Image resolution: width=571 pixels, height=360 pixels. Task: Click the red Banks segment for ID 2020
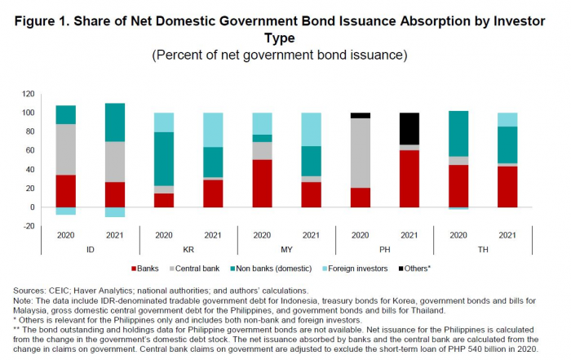click(x=66, y=191)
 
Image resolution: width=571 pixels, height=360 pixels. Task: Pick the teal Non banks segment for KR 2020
click(x=164, y=159)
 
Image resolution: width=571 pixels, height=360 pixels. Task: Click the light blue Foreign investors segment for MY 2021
click(x=311, y=129)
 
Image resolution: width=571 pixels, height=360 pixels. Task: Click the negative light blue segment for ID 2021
click(x=115, y=212)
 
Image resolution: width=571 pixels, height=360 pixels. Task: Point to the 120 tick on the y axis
click(x=31, y=94)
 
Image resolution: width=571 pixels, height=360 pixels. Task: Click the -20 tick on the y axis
click(x=31, y=226)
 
